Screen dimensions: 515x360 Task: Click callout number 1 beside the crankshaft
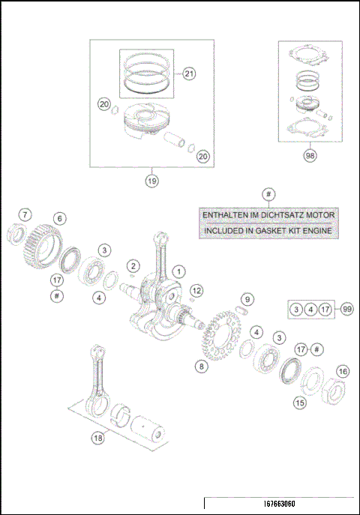(178, 271)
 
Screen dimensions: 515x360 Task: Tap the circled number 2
(133, 265)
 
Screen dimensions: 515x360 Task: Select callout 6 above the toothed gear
(58, 219)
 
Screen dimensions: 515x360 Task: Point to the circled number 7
(25, 215)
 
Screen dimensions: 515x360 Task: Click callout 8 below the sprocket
(200, 366)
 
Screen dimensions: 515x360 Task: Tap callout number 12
(196, 290)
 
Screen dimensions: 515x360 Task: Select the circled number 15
(299, 403)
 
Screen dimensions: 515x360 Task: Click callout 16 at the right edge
(342, 371)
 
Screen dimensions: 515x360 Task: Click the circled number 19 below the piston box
(151, 180)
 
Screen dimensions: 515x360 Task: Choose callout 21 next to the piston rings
(188, 73)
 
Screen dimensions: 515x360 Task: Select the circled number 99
(346, 309)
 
